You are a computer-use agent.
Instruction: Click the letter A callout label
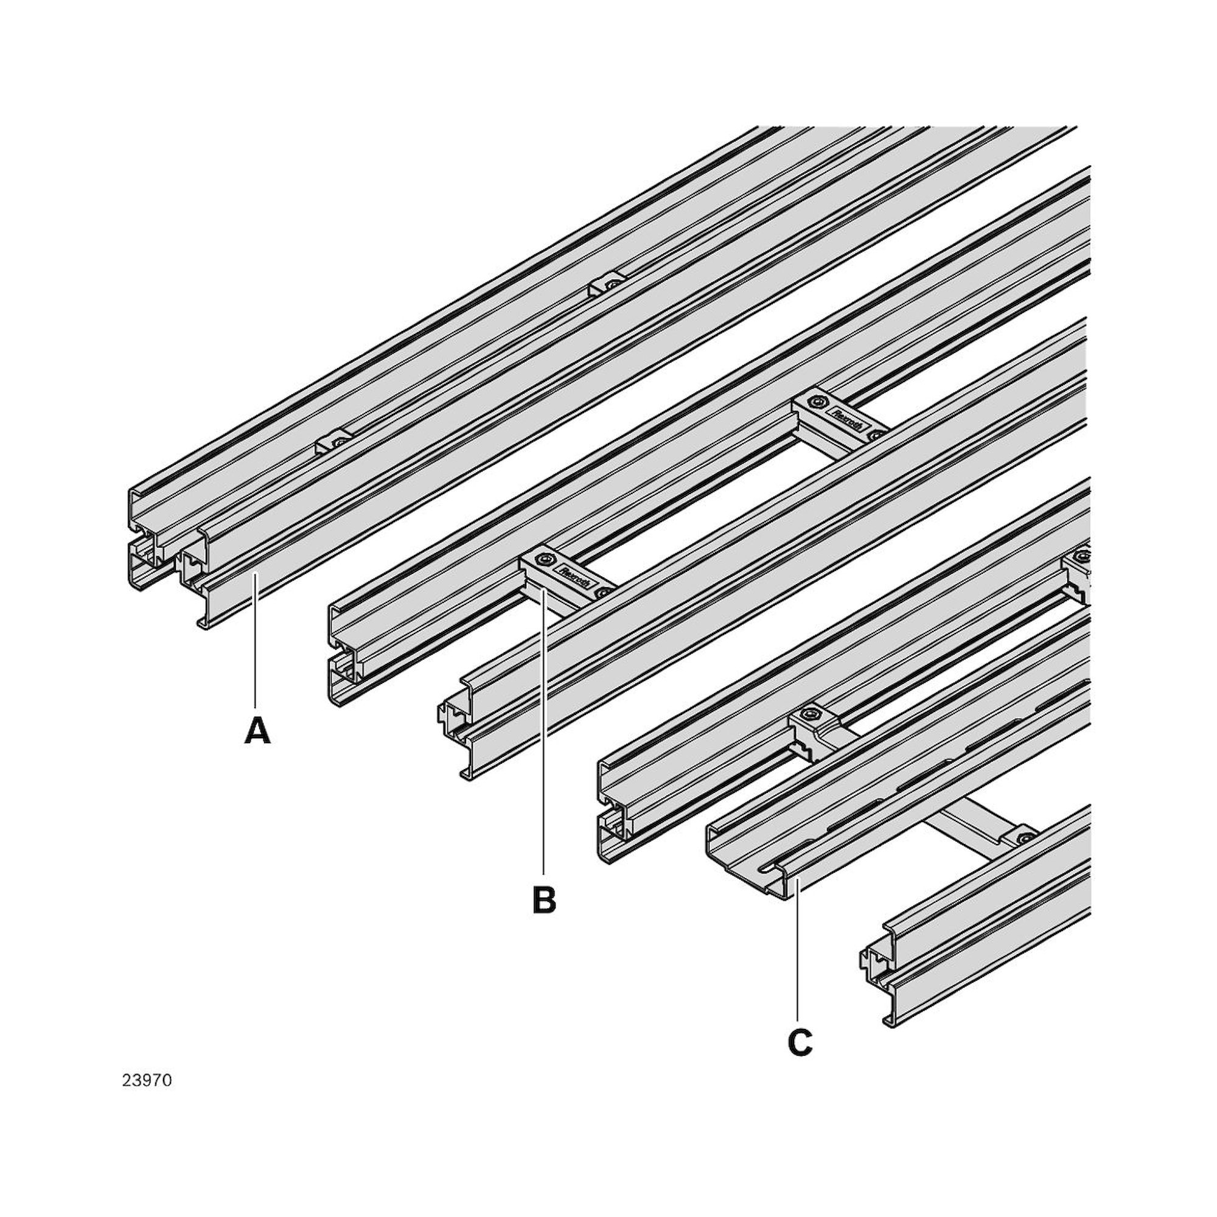(257, 731)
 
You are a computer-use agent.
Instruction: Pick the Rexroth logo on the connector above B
(573, 576)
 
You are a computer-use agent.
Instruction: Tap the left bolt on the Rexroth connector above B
(543, 560)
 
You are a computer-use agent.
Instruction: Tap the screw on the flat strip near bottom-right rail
(1027, 838)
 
